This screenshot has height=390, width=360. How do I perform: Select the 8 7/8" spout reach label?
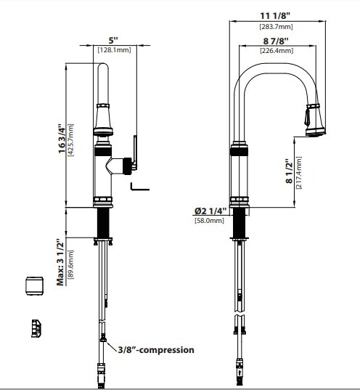coord(276,41)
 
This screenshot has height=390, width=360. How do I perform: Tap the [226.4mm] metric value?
coord(276,51)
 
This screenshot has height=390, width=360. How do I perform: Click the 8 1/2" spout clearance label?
coord(288,172)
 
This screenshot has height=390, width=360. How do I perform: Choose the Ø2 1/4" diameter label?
coord(210,211)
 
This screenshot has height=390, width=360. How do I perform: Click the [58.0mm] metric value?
coord(210,221)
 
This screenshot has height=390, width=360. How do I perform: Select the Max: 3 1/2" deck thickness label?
coord(61,262)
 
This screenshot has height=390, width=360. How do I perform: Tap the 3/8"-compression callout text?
coord(156,349)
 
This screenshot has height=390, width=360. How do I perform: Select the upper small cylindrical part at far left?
coord(33,285)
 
